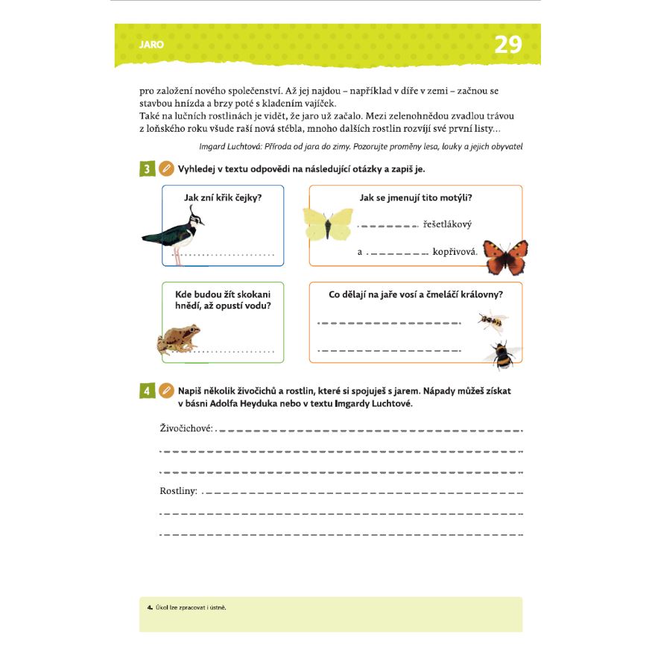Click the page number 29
coord(507,45)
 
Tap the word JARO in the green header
coord(151,45)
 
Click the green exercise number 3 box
coord(147,169)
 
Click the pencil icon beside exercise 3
coord(167,169)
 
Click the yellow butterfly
coord(328,224)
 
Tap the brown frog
coord(179,339)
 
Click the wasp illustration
coord(491,321)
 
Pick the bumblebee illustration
coord(499,353)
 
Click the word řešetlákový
coord(447,224)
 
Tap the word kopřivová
coord(454,252)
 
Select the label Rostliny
coord(178,491)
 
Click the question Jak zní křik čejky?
coord(223,197)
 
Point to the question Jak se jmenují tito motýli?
coord(416,197)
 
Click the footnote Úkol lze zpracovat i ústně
coord(190,607)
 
